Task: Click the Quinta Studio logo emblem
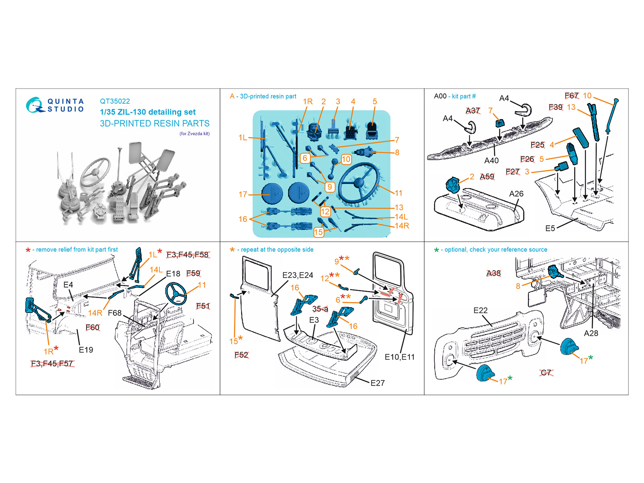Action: (35, 105)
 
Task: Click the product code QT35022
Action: (115, 101)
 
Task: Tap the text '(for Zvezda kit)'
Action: (194, 134)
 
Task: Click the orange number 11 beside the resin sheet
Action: (398, 193)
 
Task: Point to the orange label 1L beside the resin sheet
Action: (243, 138)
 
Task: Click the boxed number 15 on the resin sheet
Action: (318, 232)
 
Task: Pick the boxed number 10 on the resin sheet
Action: (346, 159)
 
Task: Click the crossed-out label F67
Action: (571, 96)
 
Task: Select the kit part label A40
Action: (491, 161)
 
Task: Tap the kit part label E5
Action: (550, 229)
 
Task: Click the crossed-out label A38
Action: (493, 273)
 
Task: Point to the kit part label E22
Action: (480, 310)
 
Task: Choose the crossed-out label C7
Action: (546, 373)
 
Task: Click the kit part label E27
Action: (377, 383)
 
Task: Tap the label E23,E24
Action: (297, 275)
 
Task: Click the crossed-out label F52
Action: (241, 355)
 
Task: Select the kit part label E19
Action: (86, 350)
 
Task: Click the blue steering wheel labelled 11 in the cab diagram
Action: (176, 293)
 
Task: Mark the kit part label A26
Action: (516, 194)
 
